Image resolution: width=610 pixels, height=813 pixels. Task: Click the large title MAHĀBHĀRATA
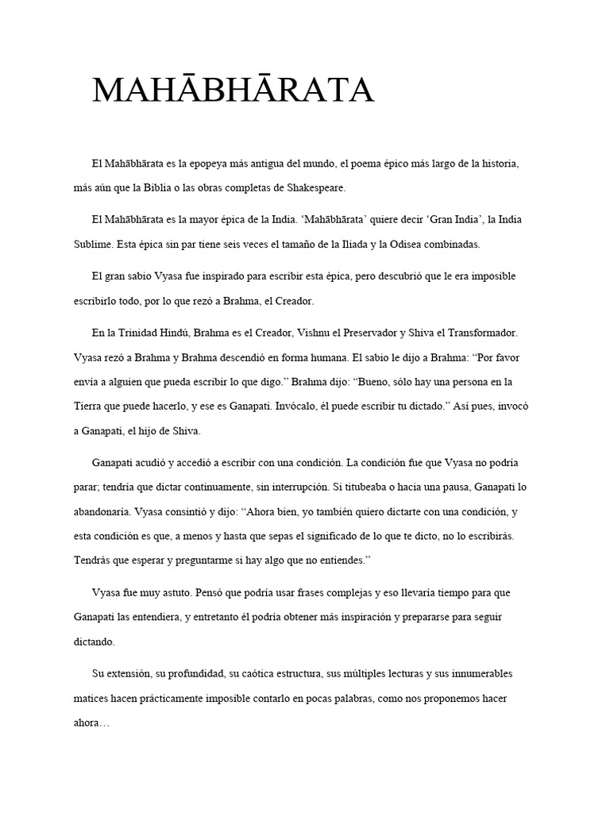coord(233,91)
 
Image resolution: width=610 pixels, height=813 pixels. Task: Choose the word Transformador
coord(481,332)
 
